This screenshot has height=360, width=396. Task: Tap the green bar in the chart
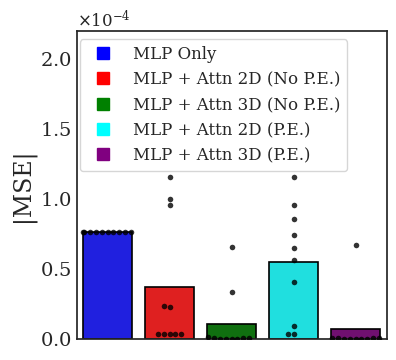click(x=231, y=331)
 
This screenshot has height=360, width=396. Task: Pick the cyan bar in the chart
click(x=293, y=300)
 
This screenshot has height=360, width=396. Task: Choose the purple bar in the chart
click(x=355, y=334)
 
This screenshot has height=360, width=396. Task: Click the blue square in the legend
click(x=102, y=53)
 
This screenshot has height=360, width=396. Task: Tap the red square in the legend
click(x=102, y=78)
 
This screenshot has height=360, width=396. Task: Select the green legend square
click(x=102, y=104)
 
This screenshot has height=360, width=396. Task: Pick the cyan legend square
click(x=102, y=129)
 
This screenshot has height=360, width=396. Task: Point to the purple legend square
click(x=102, y=154)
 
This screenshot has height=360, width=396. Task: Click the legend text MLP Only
click(x=174, y=53)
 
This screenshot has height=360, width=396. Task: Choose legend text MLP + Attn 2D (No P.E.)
click(x=236, y=78)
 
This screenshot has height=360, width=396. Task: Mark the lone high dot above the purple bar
click(x=356, y=245)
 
